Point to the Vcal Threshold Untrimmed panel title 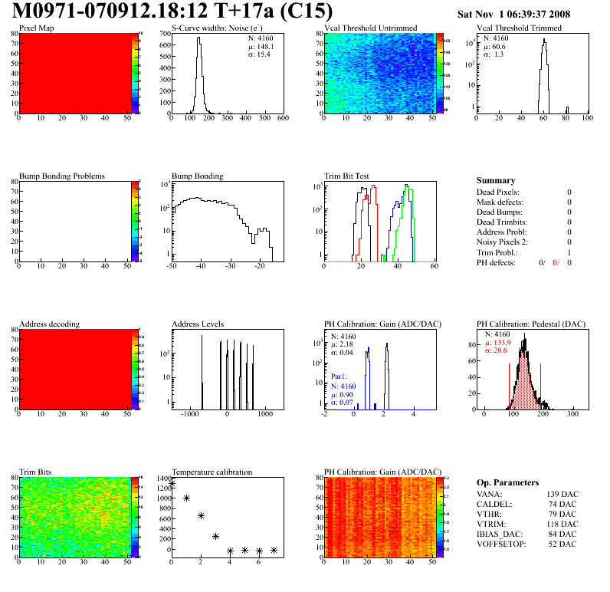(x=370, y=28)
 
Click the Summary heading (x=496, y=180)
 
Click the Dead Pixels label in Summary (x=497, y=192)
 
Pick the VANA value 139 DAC (x=562, y=493)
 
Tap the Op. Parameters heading (x=507, y=482)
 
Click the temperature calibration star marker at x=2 (x=201, y=515)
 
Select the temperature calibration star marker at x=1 (x=186, y=498)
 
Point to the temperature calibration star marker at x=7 (x=274, y=550)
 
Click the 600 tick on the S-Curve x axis (x=282, y=119)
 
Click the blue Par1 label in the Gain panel (x=339, y=377)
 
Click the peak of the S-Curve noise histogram (x=198, y=39)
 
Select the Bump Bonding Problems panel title (x=62, y=176)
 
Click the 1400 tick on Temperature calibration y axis (x=162, y=478)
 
